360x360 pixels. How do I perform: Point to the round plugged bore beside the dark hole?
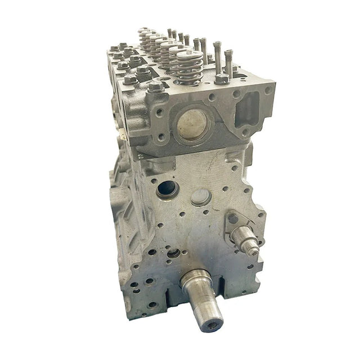pyautogui.click(x=201, y=197)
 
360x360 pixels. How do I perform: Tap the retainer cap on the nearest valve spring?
pyautogui.click(x=190, y=55)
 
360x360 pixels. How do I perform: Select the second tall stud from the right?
pyautogui.click(x=217, y=56)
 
